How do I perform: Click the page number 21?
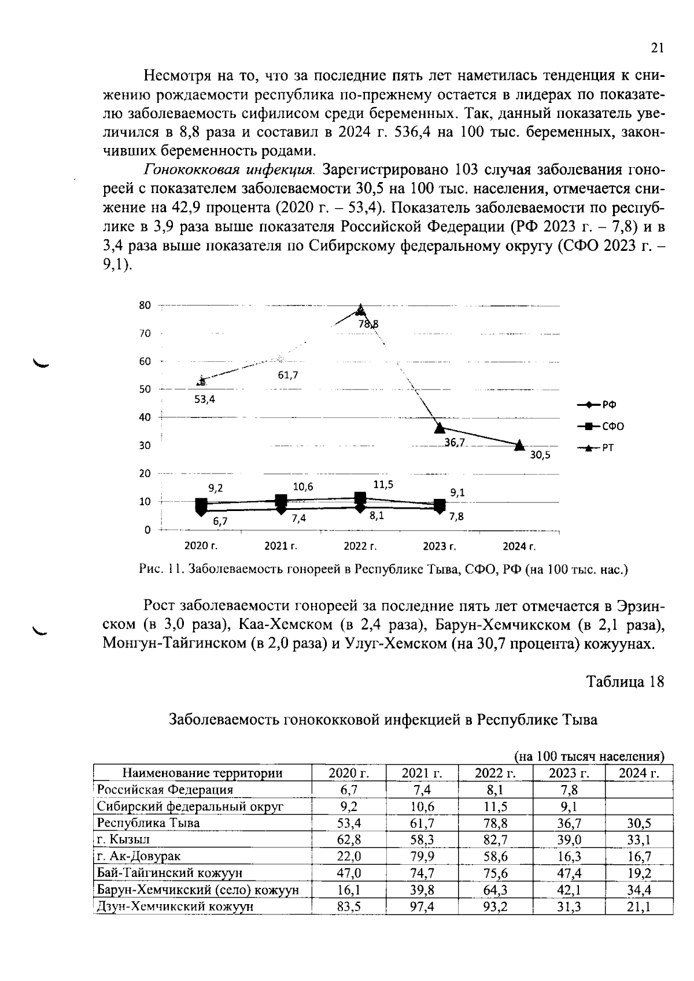[x=657, y=49]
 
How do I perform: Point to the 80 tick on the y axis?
[x=145, y=305]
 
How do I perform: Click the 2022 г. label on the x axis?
[x=360, y=546]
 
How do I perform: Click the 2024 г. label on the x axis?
[x=519, y=546]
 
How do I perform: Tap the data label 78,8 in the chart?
[x=368, y=324]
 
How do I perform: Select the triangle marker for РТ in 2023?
[x=440, y=428]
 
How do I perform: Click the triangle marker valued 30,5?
[x=519, y=444]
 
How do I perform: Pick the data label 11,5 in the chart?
[x=383, y=485]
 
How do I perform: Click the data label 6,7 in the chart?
[x=220, y=521]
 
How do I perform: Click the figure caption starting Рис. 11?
[x=383, y=569]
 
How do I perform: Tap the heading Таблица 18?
[x=625, y=682]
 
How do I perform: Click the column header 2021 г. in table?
[x=422, y=773]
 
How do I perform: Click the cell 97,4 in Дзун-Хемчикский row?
[x=422, y=906]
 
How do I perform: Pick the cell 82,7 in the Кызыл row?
[x=495, y=839]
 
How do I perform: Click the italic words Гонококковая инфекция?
[x=229, y=170]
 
